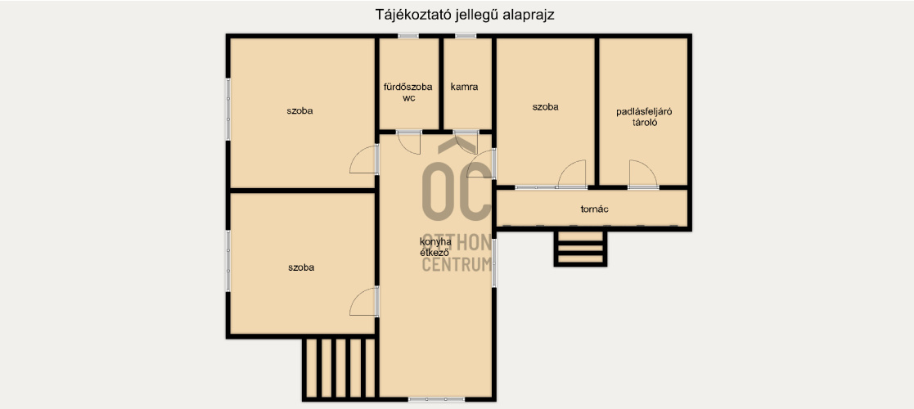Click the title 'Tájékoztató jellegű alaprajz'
tap(465, 16)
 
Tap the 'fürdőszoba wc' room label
tap(408, 92)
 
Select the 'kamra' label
tap(465, 88)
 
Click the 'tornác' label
tap(595, 209)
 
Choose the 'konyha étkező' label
tap(435, 247)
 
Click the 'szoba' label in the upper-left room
tap(299, 110)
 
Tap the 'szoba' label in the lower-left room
tap(301, 268)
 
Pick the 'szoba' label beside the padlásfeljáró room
tap(545, 107)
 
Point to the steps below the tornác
tap(581, 248)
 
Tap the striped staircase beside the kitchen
tap(339, 367)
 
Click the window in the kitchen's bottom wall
tap(437, 399)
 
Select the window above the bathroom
tap(408, 36)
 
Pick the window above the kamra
tap(465, 36)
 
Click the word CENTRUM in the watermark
tap(457, 265)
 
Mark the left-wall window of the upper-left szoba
tap(228, 110)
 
